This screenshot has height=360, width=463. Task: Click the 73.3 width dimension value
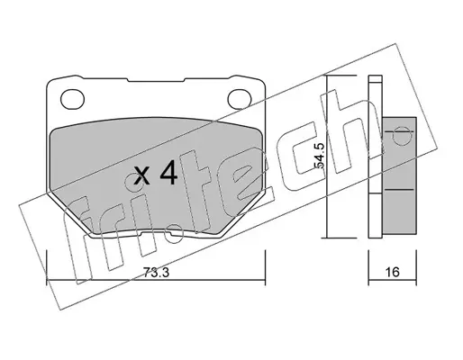pos(156,273)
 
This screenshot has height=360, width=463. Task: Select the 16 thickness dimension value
pos(392,272)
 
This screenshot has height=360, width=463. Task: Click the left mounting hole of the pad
pos(72,99)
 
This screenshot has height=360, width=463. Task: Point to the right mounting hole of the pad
pos(240,99)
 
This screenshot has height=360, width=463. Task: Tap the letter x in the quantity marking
pos(141,176)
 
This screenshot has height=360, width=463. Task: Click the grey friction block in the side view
pos(399,175)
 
